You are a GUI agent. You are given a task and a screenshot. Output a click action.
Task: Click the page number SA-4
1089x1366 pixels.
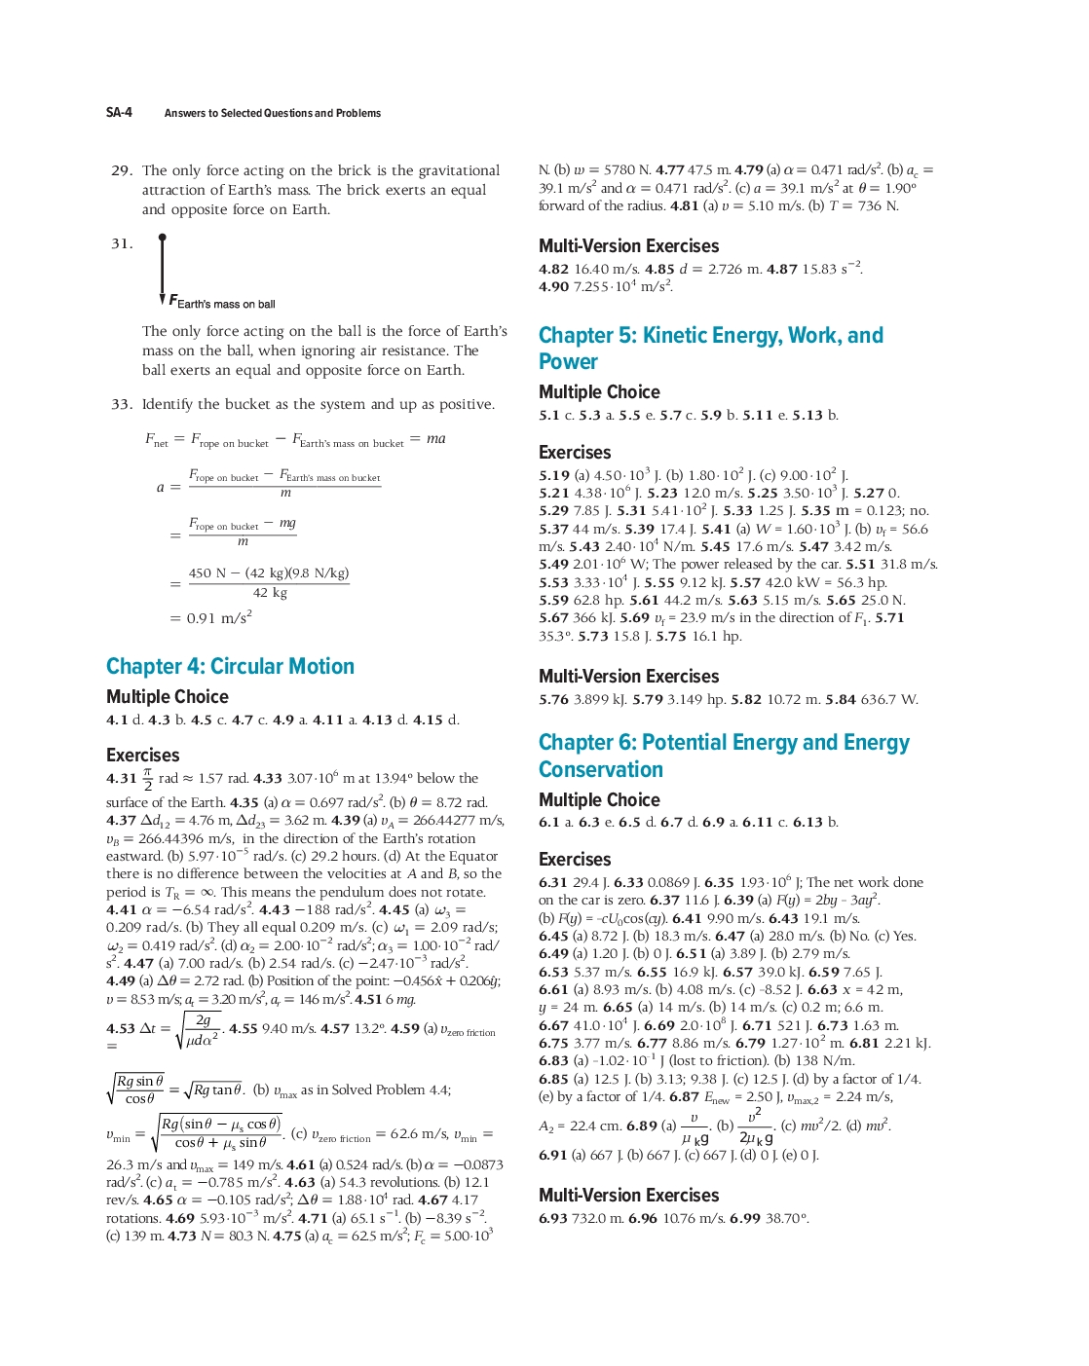pyautogui.click(x=119, y=113)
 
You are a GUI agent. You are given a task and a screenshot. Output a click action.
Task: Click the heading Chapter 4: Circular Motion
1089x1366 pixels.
pyautogui.click(x=230, y=667)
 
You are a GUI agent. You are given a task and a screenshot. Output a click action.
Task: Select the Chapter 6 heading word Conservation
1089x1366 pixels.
pyautogui.click(x=600, y=769)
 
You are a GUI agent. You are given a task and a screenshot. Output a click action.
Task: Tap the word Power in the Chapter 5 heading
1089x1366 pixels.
pyautogui.click(x=568, y=362)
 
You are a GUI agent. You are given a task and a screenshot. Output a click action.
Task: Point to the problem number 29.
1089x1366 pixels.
pyautogui.click(x=121, y=170)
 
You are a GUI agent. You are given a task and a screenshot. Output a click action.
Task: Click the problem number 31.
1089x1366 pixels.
pyautogui.click(x=121, y=243)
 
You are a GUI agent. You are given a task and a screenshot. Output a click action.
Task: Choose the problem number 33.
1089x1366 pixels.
pyautogui.click(x=121, y=404)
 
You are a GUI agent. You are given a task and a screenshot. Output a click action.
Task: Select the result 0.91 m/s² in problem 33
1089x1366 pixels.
pyautogui.click(x=219, y=618)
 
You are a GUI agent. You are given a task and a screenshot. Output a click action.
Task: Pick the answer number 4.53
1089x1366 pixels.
pyautogui.click(x=121, y=1029)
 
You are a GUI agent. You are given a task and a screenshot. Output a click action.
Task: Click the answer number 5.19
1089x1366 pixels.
pyautogui.click(x=554, y=476)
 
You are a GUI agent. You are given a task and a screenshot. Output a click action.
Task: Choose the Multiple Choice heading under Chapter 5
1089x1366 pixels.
pyautogui.click(x=599, y=392)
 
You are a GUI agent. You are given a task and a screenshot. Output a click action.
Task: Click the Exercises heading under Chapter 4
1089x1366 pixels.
pyautogui.click(x=143, y=756)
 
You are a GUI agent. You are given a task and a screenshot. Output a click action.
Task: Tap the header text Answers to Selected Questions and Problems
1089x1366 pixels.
pyautogui.click(x=273, y=113)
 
